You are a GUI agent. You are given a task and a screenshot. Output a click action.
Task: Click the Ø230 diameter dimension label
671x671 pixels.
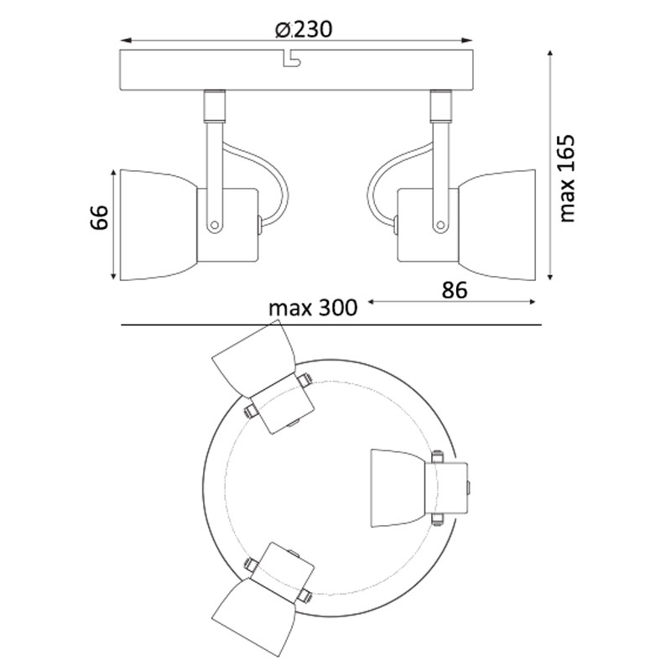point(304,29)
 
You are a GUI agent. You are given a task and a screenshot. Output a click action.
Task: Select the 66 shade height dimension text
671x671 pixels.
point(100,217)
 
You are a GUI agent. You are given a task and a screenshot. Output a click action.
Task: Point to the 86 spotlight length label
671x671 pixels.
point(455,290)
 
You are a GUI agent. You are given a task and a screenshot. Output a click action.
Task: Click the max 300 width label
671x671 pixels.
point(313,307)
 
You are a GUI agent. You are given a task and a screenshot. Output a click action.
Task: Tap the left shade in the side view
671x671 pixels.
point(159,225)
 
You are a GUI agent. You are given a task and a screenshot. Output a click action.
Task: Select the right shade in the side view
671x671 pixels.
point(497,225)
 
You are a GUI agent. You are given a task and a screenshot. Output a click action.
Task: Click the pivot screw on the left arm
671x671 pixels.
point(215,225)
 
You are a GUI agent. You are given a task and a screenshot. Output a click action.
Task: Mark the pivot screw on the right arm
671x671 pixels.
point(440,225)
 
